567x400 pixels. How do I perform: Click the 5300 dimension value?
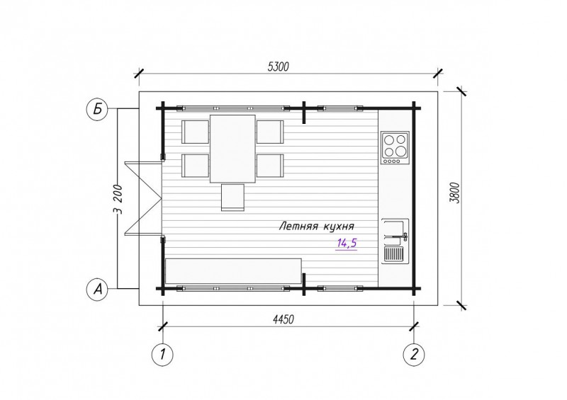click(279, 67)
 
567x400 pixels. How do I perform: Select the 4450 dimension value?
click(283, 319)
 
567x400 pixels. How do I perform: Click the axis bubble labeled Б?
click(97, 108)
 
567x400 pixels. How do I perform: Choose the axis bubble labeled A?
click(97, 289)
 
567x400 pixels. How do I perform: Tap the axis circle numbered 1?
click(162, 354)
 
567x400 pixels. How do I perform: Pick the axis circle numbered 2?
click(414, 354)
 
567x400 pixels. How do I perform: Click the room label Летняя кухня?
click(316, 227)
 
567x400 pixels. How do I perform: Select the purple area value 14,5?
click(347, 243)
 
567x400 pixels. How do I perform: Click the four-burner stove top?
click(395, 148)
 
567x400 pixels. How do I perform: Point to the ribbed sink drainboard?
click(393, 253)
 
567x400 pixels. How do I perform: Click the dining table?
click(232, 149)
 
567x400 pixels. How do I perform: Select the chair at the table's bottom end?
click(232, 198)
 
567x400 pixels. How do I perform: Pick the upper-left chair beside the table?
click(196, 132)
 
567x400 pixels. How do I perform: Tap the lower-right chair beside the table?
click(270, 166)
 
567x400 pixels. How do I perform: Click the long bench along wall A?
click(233, 271)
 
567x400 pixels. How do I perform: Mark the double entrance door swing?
click(143, 198)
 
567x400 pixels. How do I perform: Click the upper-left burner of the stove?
click(389, 139)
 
